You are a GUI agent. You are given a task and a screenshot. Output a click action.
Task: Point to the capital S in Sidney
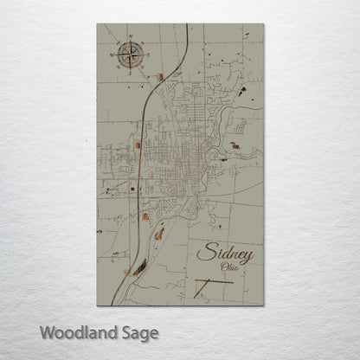tap(203, 253)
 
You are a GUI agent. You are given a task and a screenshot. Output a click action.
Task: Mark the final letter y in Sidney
tap(247, 255)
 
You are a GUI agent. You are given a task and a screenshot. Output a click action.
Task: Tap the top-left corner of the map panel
tap(98, 25)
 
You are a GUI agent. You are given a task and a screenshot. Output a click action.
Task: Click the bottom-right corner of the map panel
tap(263, 305)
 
